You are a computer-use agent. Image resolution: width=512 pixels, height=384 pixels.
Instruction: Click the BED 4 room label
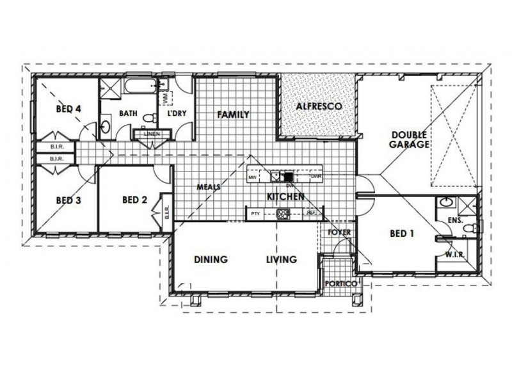click(68, 109)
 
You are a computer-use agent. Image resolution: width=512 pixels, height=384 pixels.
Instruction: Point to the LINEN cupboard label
click(151, 134)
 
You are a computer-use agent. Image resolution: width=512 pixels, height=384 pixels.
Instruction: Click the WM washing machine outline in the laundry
click(168, 98)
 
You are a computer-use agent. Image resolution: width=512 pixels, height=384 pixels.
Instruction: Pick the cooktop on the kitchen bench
click(282, 213)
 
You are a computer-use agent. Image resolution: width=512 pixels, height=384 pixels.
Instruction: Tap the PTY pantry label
click(255, 213)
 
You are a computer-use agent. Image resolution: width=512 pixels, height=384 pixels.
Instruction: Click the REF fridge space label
click(312, 213)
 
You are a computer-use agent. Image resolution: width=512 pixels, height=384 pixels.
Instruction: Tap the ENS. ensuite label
click(456, 220)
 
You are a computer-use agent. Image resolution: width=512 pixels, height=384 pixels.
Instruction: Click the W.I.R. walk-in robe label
click(454, 255)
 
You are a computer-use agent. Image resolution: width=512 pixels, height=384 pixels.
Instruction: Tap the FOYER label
click(339, 232)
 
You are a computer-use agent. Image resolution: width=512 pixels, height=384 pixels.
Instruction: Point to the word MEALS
click(209, 187)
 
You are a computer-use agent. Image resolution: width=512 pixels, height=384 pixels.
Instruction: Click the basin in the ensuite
click(447, 203)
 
